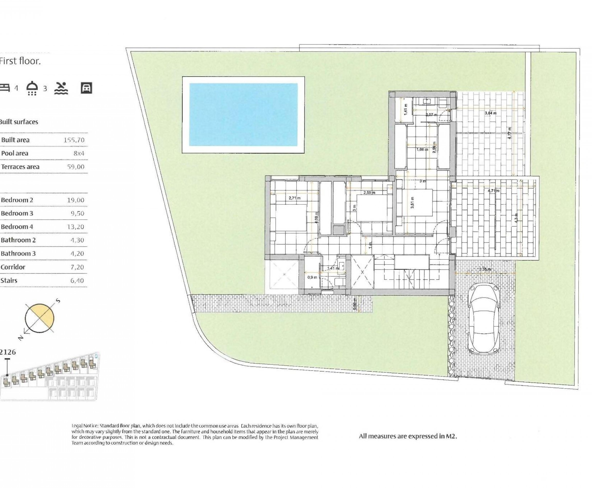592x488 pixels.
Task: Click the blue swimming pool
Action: tap(243, 114)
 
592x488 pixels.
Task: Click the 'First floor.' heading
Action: tap(20, 61)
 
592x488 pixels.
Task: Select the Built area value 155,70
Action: tap(74, 140)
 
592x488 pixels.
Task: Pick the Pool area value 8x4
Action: tap(78, 154)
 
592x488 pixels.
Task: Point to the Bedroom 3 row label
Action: tap(17, 213)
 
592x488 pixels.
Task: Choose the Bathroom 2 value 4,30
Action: tap(77, 240)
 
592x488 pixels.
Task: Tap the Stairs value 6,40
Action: tap(77, 280)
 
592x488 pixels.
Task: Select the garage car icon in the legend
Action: tap(86, 88)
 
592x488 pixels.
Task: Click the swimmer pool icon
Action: tap(61, 88)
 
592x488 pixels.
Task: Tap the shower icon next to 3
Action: tap(32, 88)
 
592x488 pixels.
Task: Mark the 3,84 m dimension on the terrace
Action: tap(491, 113)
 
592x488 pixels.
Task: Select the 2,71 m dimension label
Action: tap(294, 198)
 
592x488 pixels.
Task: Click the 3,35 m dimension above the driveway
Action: tap(485, 269)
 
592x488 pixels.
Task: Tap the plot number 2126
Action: tap(8, 352)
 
